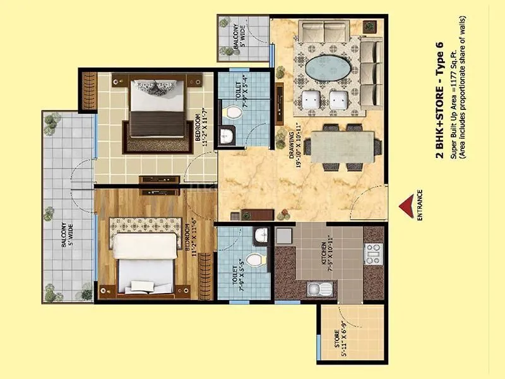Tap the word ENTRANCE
[x=420, y=205]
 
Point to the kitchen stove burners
[x=371, y=253]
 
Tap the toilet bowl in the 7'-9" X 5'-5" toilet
[x=254, y=260]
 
